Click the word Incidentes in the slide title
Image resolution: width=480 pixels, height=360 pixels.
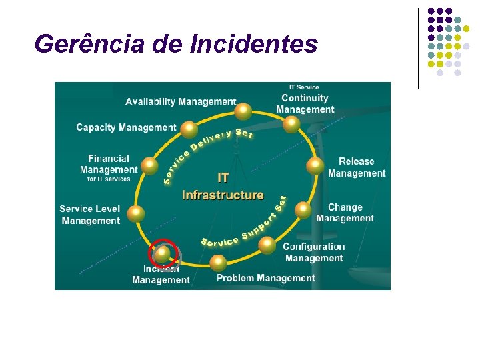pyautogui.click(x=254, y=44)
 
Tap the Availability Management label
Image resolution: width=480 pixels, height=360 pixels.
pyautogui.click(x=181, y=101)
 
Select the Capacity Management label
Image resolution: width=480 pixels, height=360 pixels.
pyautogui.click(x=126, y=127)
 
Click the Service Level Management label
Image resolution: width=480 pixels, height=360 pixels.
pyautogui.click(x=90, y=215)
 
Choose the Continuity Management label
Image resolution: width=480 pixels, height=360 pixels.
pyautogui.click(x=305, y=103)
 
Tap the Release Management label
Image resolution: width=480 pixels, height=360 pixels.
pyautogui.click(x=357, y=167)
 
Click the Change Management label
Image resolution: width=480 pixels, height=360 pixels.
pyautogui.click(x=345, y=213)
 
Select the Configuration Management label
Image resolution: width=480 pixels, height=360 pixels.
pyautogui.click(x=314, y=252)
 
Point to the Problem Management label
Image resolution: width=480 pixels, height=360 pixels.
pyautogui.click(x=265, y=278)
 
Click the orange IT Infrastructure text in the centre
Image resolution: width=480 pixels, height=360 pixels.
pyautogui.click(x=223, y=187)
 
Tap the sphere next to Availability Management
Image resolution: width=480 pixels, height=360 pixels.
pyautogui.click(x=244, y=111)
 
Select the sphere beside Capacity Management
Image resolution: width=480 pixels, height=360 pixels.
pyautogui.click(x=189, y=129)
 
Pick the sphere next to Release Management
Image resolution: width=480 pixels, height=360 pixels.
pyautogui.click(x=315, y=166)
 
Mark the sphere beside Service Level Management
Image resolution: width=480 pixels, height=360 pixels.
pyautogui.click(x=135, y=214)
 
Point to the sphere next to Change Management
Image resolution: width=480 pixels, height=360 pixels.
pyautogui.click(x=303, y=210)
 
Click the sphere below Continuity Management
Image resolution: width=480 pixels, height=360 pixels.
pyautogui.click(x=291, y=124)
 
